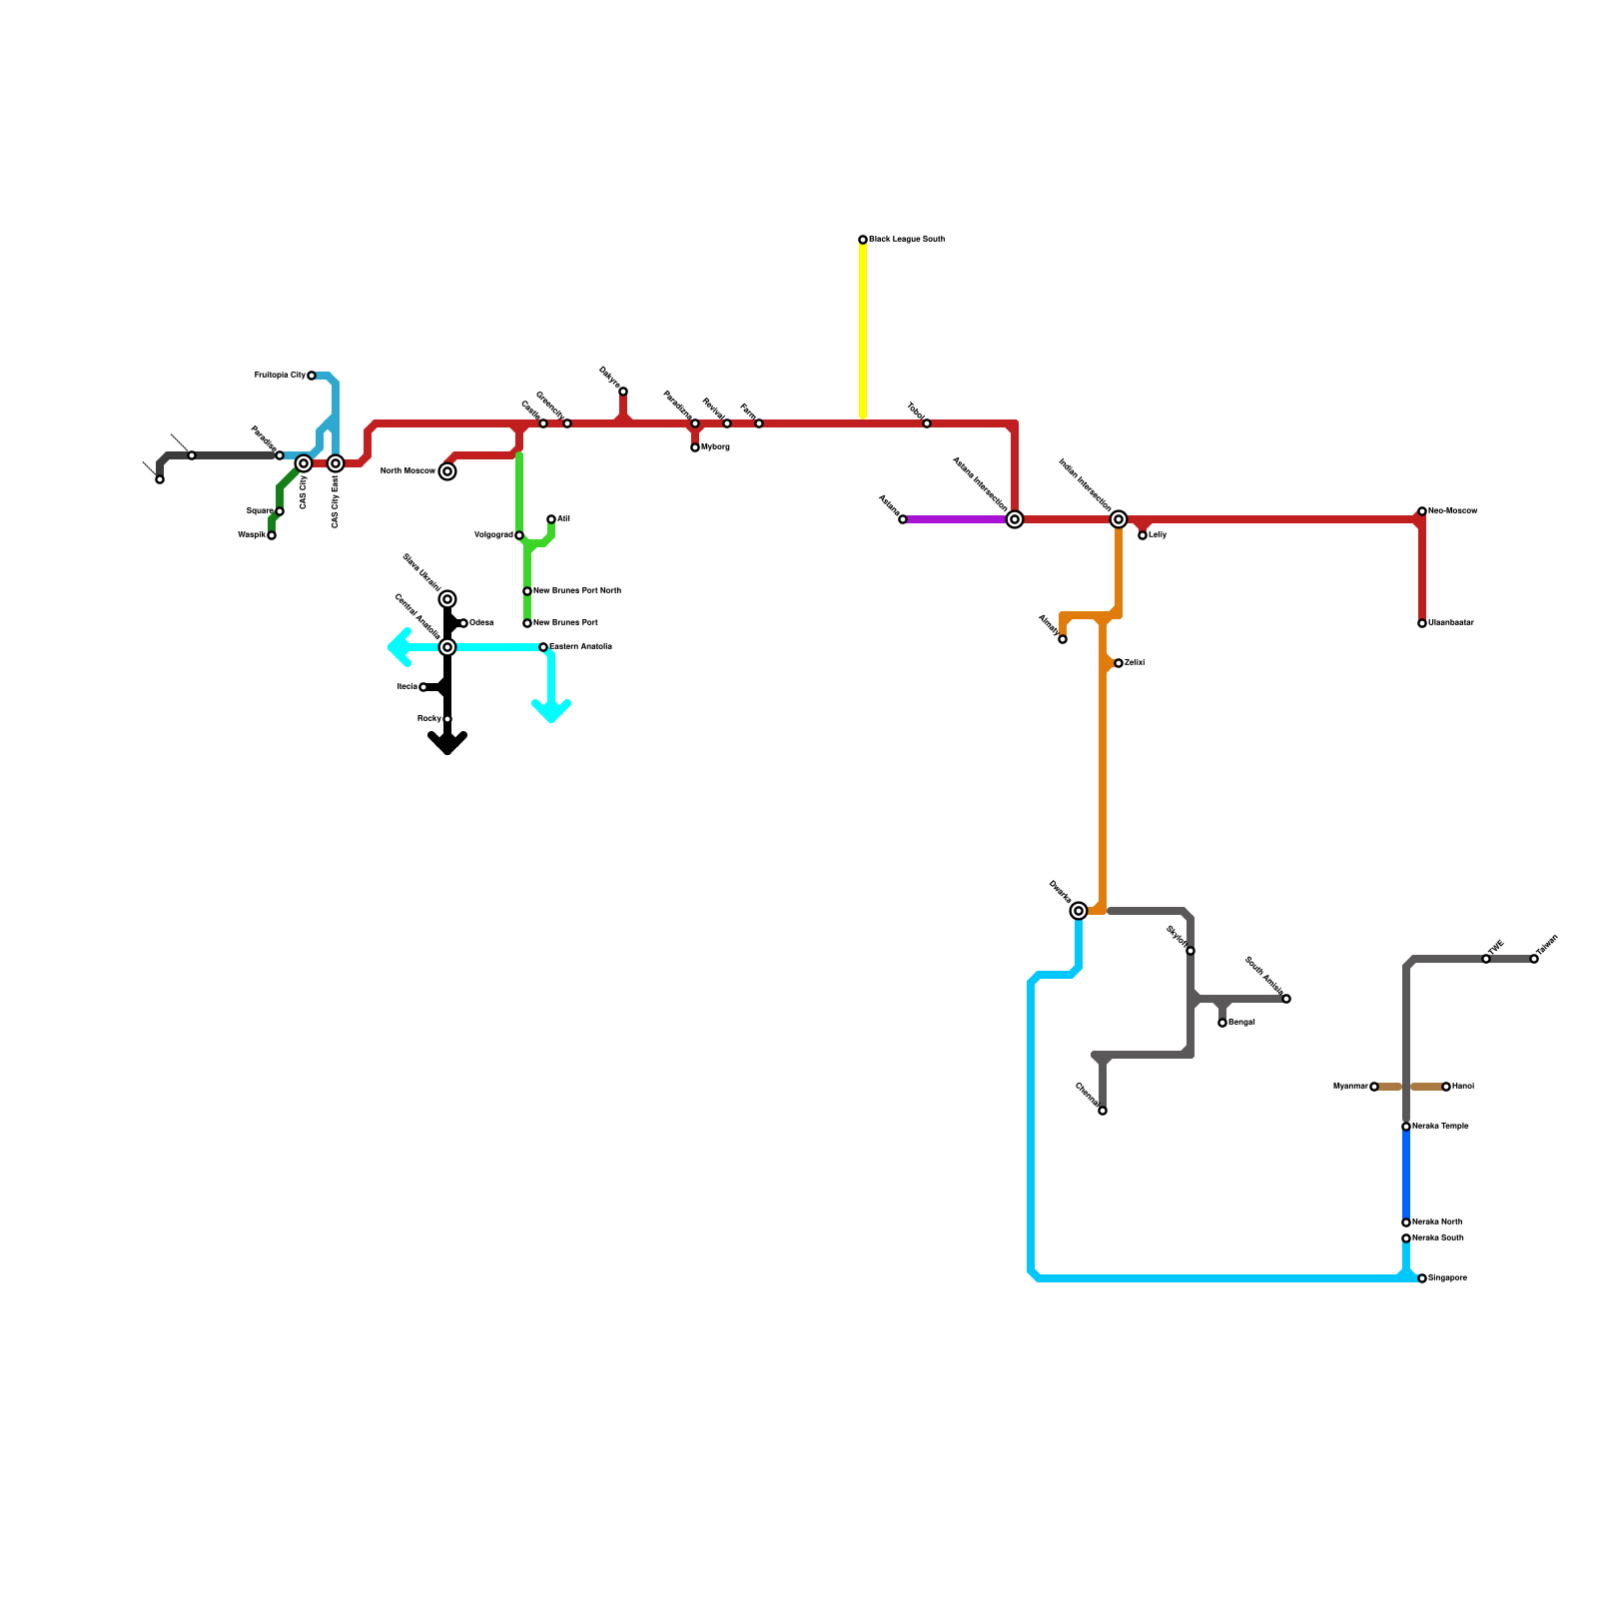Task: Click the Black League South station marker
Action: coord(863,240)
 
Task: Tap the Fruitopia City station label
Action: coord(280,376)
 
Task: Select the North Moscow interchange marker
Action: coord(447,471)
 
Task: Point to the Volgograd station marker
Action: coord(519,535)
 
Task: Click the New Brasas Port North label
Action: coord(577,591)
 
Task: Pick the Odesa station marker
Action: coord(463,623)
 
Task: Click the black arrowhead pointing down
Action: coord(447,743)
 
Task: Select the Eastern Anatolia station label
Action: coord(580,647)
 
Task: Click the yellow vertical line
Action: coord(863,330)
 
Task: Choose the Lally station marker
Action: coord(1143,535)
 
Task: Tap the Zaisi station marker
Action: coord(1119,663)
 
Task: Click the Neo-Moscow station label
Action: coord(1452,511)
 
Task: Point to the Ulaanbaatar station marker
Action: coord(1422,623)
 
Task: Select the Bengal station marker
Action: coord(1222,1023)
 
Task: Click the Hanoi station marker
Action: coord(1446,1087)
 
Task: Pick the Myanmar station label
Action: coord(1350,1087)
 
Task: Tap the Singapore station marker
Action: coord(1422,1278)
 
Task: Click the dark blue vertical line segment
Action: coord(1406,1175)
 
